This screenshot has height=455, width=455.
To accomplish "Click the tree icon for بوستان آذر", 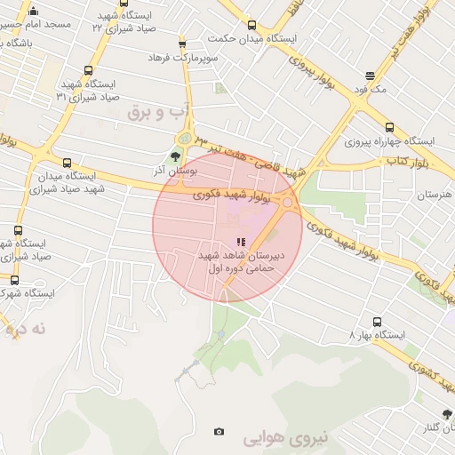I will coord(174,156).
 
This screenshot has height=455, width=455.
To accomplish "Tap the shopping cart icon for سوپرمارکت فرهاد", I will coord(182,42).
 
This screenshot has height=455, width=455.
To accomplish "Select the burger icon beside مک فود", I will coord(370,76).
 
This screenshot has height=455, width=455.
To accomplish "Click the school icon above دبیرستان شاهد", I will coord(239,241).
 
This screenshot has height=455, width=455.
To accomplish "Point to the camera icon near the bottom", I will coord(219,432).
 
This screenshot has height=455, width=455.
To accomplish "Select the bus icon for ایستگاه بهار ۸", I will coord(377,322).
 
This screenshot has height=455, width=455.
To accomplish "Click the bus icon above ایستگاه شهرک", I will coord(14,279).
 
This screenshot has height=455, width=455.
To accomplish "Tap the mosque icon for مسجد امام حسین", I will coord(34,11).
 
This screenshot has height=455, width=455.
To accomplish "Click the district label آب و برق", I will coord(160,112).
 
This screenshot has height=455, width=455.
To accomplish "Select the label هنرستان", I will coord(435,194).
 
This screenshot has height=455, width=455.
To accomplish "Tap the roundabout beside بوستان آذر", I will coord(186,138).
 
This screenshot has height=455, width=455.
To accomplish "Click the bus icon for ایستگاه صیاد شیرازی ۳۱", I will coord(87,70).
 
